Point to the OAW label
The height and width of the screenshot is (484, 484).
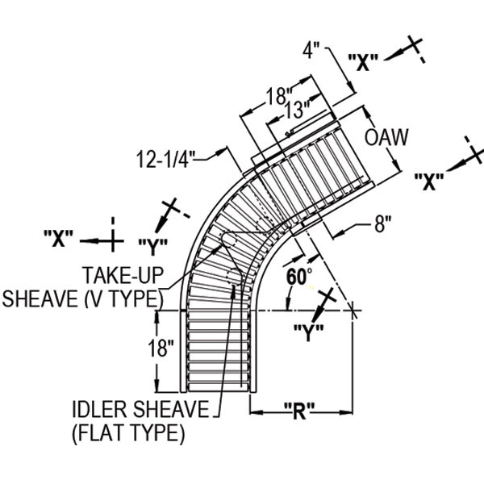coord(386,137)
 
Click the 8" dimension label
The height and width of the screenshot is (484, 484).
coord(383,223)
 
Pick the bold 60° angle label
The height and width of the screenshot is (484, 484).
coord(299,276)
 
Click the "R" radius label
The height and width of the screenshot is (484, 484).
coord(299,411)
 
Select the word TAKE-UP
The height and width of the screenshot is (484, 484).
coord(123,275)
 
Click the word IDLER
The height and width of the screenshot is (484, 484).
coord(101,409)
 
